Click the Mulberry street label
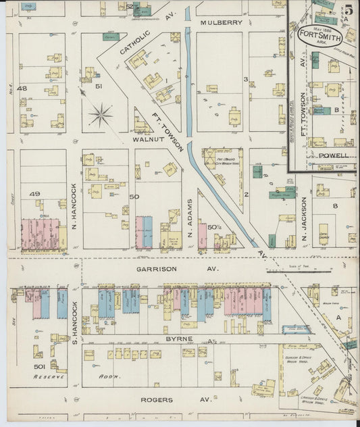click(x=222, y=22)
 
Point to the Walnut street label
click(x=150, y=139)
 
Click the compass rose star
click(x=101, y=114)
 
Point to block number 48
click(x=22, y=88)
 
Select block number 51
click(x=98, y=86)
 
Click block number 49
click(x=35, y=194)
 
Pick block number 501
click(x=39, y=366)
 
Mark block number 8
click(x=334, y=205)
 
